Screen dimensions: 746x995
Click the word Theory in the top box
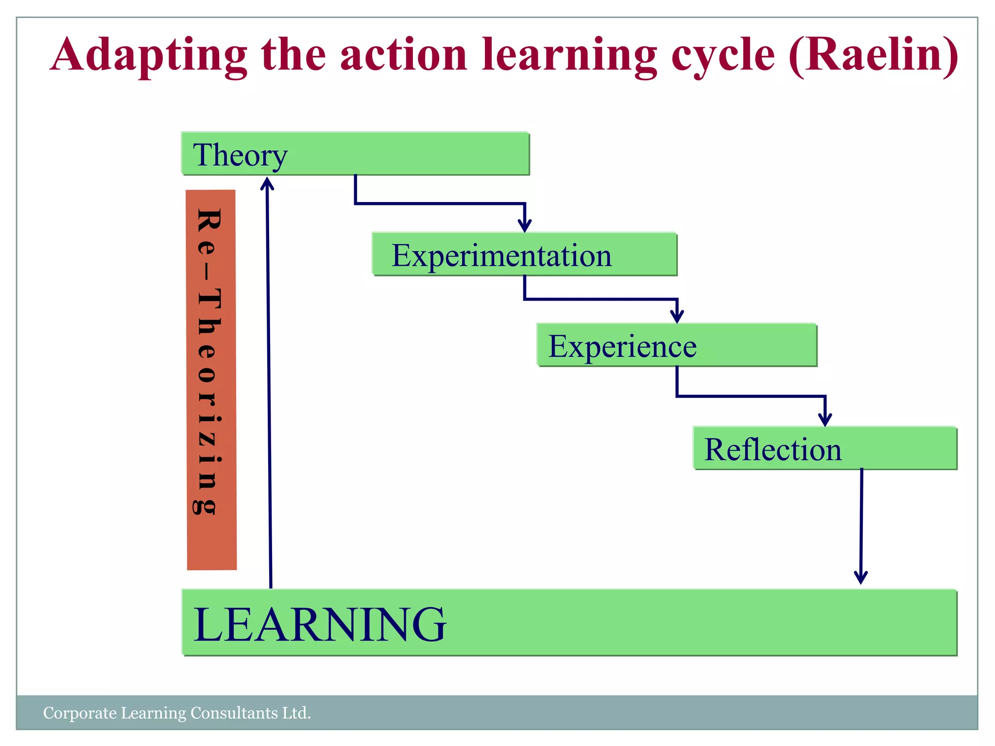click(x=240, y=155)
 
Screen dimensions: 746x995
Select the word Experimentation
click(x=501, y=256)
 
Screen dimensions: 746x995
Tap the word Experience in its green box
click(x=622, y=347)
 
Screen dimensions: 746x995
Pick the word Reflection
click(x=772, y=450)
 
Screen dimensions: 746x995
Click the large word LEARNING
click(x=320, y=625)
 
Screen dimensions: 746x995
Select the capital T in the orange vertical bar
click(x=209, y=299)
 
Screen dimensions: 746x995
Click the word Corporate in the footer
click(x=80, y=713)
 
